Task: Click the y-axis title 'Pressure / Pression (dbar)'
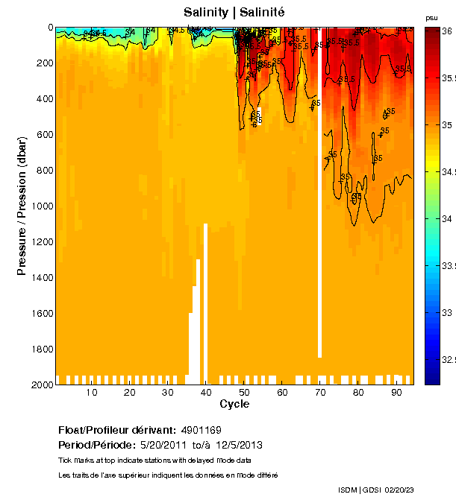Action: click(x=22, y=205)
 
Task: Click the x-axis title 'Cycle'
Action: click(x=234, y=404)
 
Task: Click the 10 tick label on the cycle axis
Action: click(x=92, y=392)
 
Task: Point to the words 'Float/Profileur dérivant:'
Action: click(x=116, y=430)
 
